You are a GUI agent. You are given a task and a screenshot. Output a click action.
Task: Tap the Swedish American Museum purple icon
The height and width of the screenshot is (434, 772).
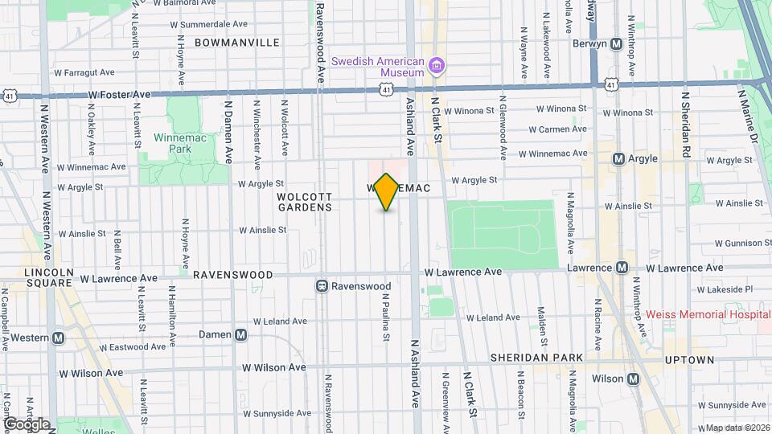[437, 65]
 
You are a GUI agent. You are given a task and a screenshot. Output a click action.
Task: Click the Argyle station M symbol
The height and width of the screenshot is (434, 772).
[619, 159]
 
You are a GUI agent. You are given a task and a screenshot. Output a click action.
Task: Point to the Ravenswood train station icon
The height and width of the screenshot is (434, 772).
[322, 286]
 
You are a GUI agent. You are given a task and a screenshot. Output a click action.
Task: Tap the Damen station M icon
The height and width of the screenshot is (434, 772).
[240, 334]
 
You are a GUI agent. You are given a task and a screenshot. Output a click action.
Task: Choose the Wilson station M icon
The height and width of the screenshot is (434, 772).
[634, 379]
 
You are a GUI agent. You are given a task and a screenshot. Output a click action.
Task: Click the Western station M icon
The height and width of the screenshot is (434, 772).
[58, 338]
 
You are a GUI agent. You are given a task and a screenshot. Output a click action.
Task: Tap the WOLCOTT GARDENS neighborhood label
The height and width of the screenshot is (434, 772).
[305, 202]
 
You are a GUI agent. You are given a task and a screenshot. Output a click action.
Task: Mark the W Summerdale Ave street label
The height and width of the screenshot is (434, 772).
[203, 24]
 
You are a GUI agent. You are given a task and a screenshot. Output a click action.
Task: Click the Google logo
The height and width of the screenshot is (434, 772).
[27, 424]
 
